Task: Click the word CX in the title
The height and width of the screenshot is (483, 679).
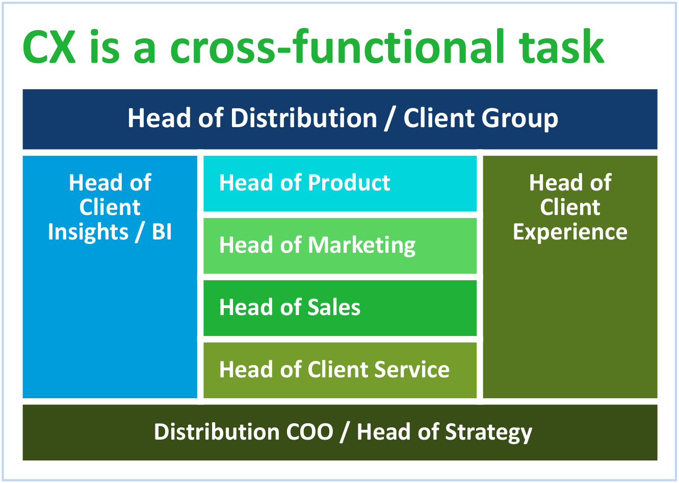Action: coord(49,47)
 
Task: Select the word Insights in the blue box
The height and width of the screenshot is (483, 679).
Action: coord(88,232)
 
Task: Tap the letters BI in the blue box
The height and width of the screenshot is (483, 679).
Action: coord(162,232)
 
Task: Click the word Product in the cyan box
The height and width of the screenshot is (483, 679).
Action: coord(349,183)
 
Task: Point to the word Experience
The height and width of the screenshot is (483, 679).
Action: coord(570,232)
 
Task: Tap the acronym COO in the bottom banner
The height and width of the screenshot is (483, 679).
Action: coord(309,432)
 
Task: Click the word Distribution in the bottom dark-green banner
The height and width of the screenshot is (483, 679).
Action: coord(217,432)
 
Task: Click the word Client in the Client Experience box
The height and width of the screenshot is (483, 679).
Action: coord(570,207)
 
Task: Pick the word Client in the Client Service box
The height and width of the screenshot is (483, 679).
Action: coord(338,370)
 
